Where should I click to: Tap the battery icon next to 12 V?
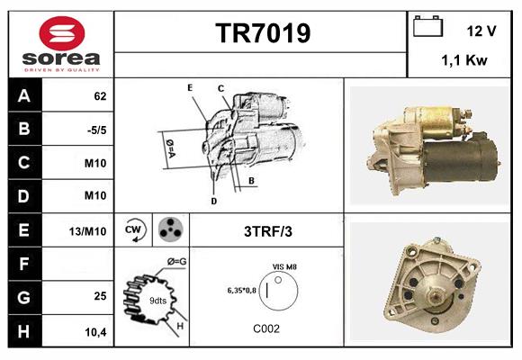point(427,28)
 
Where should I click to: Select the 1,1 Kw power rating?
point(464,60)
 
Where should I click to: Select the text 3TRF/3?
point(267,231)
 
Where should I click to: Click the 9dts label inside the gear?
point(157,300)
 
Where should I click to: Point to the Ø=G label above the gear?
point(177,261)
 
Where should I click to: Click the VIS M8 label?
point(283,267)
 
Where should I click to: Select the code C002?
point(267,329)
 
